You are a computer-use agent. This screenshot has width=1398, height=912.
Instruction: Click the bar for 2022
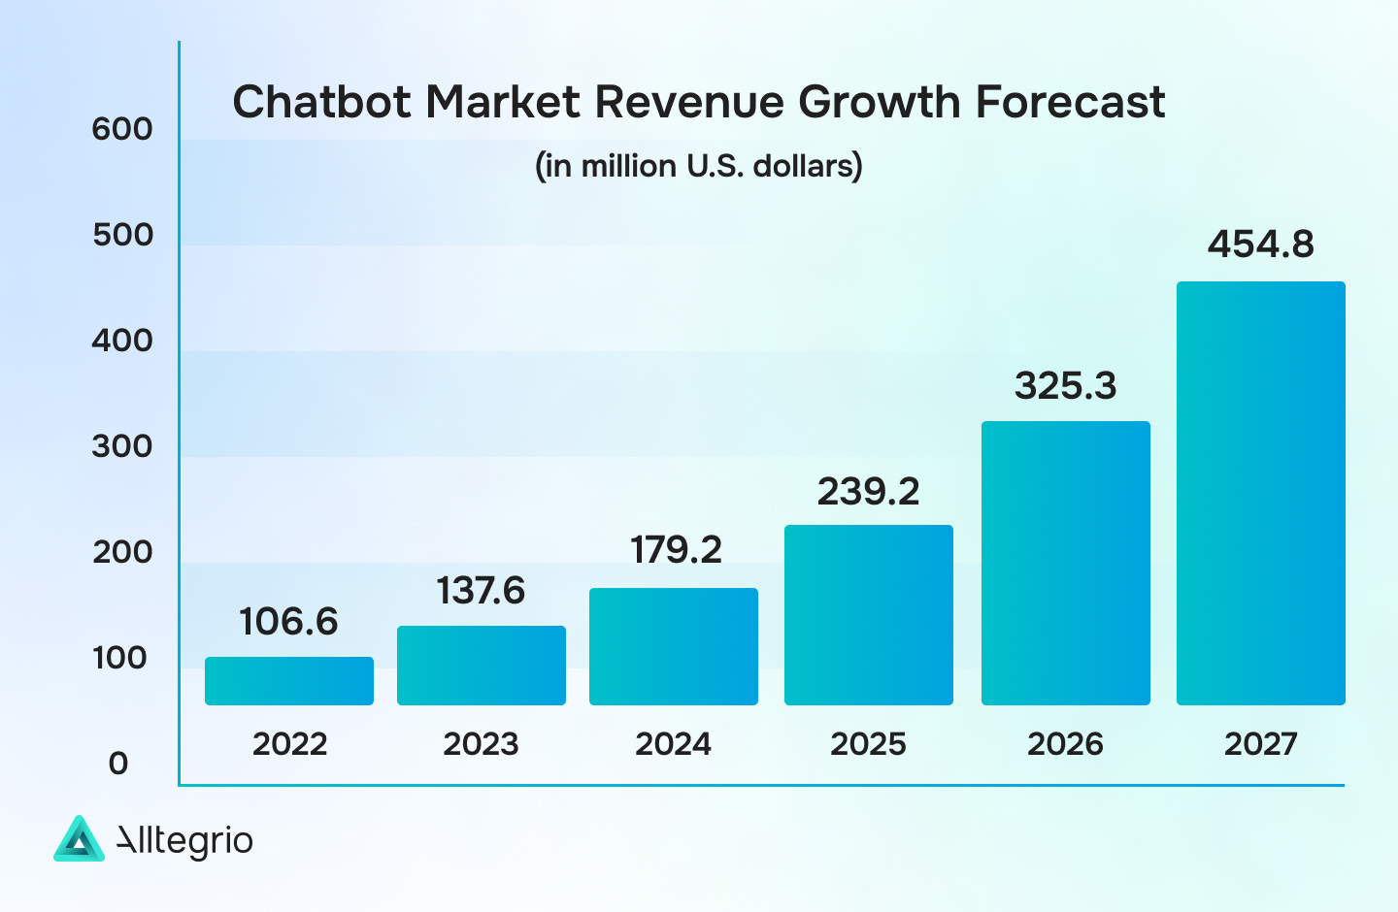pyautogui.click(x=289, y=681)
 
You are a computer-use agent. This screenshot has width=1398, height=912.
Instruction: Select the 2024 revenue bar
pyautogui.click(x=674, y=646)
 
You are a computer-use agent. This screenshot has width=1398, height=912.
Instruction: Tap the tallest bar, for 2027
pyautogui.click(x=1260, y=493)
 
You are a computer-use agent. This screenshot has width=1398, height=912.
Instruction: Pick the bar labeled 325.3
pyautogui.click(x=1065, y=563)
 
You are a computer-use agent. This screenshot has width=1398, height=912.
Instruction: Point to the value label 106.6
pyautogui.click(x=288, y=622)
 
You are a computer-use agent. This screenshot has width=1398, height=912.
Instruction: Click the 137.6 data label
pyautogui.click(x=481, y=591)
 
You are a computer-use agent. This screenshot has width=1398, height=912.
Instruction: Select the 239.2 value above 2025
pyautogui.click(x=868, y=492)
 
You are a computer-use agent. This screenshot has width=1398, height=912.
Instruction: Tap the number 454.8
pyautogui.click(x=1260, y=244)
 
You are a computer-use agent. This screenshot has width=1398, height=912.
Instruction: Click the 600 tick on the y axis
pyautogui.click(x=122, y=129)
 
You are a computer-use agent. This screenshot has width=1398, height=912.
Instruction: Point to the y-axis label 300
pyautogui.click(x=122, y=446)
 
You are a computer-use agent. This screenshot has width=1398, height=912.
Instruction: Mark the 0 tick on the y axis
pyautogui.click(x=118, y=764)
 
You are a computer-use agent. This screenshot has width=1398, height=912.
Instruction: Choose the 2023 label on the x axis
pyautogui.click(x=481, y=744)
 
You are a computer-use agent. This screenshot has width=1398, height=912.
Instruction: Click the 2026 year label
pyautogui.click(x=1065, y=744)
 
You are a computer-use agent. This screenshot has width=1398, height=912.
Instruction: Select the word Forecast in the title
pyautogui.click(x=1070, y=102)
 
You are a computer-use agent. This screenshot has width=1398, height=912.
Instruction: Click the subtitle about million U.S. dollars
pyautogui.click(x=699, y=166)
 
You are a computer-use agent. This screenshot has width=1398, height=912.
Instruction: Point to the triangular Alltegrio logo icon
pyautogui.click(x=79, y=839)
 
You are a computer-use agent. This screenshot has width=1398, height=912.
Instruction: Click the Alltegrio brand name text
pyautogui.click(x=184, y=840)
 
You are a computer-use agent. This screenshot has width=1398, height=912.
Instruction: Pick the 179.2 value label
pyautogui.click(x=676, y=550)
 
